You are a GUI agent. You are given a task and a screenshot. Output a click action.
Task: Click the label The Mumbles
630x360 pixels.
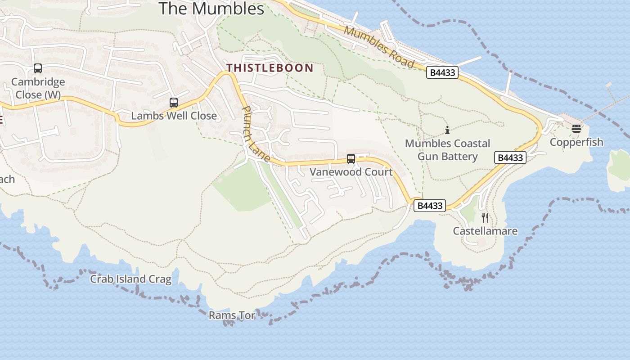pyautogui.click(x=211, y=8)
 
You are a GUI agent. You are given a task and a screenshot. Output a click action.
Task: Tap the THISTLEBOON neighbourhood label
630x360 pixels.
pyautogui.click(x=270, y=68)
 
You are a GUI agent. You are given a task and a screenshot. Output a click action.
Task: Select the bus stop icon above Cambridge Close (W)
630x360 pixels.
pyautogui.click(x=38, y=68)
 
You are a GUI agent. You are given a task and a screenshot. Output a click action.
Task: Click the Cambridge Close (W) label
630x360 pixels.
pyautogui.click(x=38, y=88)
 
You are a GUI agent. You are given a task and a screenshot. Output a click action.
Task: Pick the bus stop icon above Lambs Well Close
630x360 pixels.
pyautogui.click(x=174, y=103)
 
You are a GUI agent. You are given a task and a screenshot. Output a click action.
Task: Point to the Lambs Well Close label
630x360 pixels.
pyautogui.click(x=174, y=116)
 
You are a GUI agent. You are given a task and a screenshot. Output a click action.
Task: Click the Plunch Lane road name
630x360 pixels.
pyautogui.click(x=256, y=134)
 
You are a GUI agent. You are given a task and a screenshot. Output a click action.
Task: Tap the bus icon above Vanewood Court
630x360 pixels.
pyautogui.click(x=351, y=158)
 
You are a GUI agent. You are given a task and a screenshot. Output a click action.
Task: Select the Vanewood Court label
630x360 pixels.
pyautogui.click(x=351, y=172)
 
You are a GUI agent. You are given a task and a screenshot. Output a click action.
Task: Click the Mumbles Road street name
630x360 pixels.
pyautogui.click(x=378, y=47)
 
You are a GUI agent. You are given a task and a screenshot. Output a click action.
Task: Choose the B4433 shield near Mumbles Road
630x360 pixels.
pyautogui.click(x=442, y=72)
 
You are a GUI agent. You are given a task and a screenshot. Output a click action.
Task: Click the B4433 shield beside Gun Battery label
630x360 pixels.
pyautogui.click(x=510, y=157)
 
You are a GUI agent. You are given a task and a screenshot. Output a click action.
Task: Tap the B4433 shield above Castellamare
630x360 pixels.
pyautogui.click(x=430, y=206)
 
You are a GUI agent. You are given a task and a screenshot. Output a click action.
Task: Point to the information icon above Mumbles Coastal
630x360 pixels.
pyautogui.click(x=447, y=130)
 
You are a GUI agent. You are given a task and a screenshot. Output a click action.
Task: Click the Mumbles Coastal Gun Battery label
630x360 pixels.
pyautogui.click(x=447, y=150)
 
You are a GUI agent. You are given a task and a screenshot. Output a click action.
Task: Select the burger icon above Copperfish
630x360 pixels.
pyautogui.click(x=576, y=129)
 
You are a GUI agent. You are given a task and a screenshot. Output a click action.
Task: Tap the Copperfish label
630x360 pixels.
pyautogui.click(x=576, y=142)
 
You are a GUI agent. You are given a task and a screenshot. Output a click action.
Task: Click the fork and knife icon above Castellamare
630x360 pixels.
pyautogui.click(x=485, y=218)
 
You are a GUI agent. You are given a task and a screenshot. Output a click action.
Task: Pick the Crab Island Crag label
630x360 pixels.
pyautogui.click(x=130, y=279)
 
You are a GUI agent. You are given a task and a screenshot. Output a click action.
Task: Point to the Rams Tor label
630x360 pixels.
pyautogui.click(x=232, y=315)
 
